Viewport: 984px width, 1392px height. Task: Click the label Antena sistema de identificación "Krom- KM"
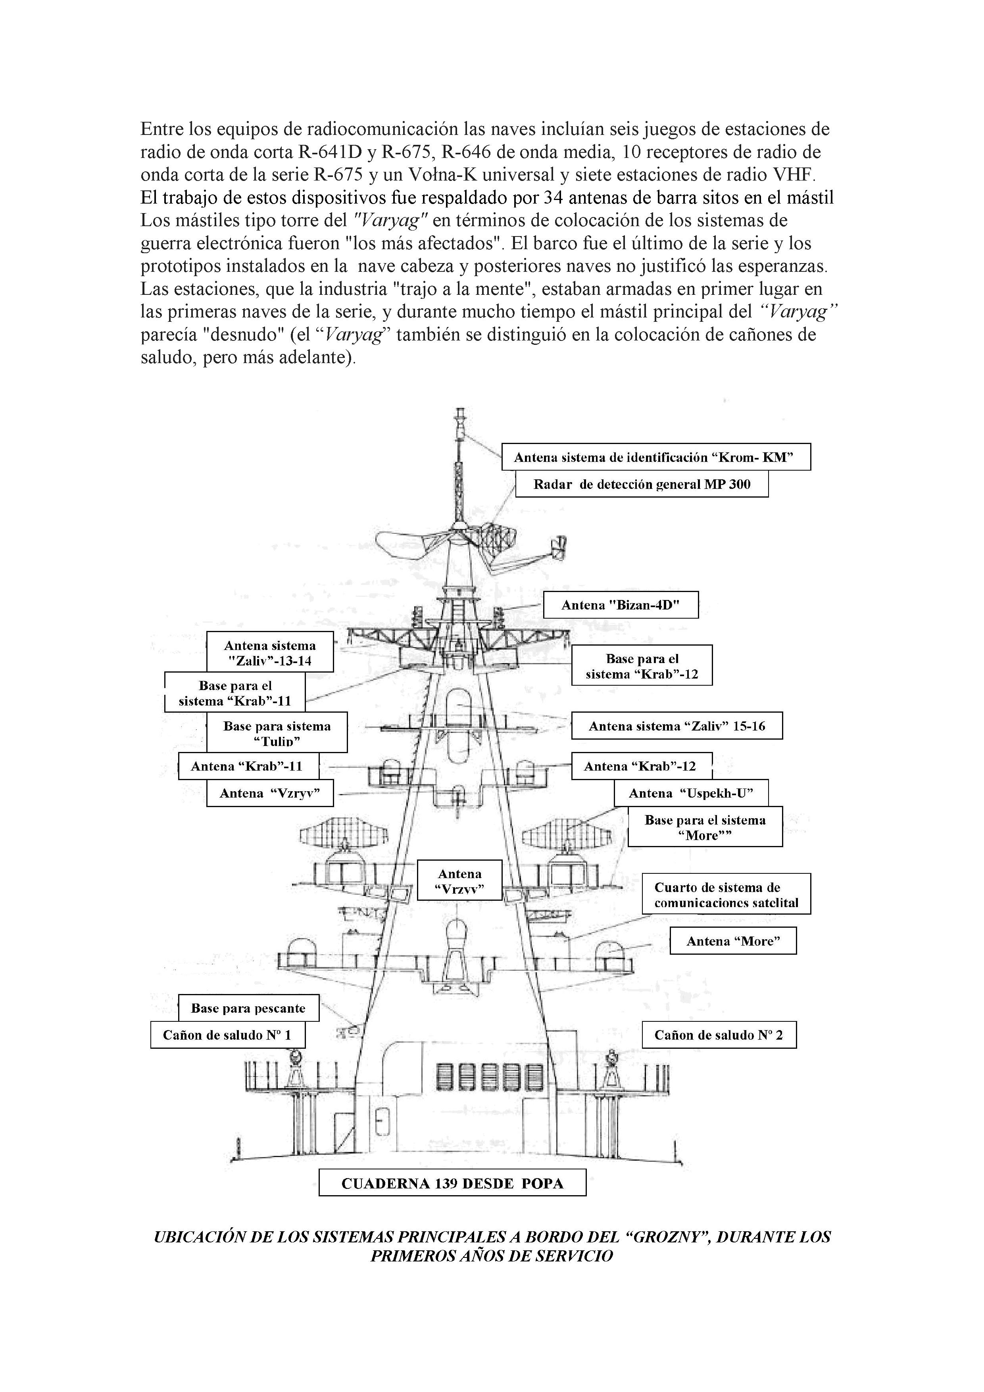(655, 457)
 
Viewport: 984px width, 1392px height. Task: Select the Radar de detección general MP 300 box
(642, 485)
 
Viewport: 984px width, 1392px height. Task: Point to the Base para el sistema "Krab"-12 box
(642, 666)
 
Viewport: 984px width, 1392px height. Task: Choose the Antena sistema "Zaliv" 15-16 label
(676, 726)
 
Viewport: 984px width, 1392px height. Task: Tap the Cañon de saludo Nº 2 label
(719, 1035)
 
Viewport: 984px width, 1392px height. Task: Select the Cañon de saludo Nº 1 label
(227, 1035)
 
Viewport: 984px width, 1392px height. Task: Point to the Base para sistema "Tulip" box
(277, 733)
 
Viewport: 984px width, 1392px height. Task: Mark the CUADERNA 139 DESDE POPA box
(452, 1183)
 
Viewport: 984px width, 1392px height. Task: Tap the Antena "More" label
(732, 941)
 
